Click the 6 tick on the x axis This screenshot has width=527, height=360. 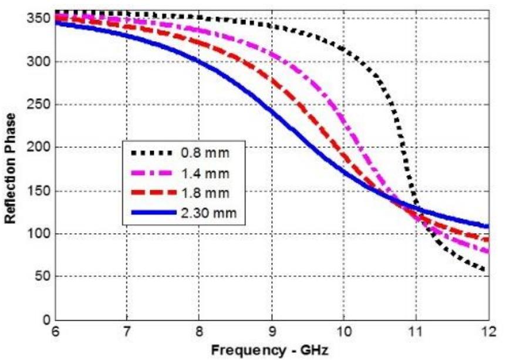[55, 332]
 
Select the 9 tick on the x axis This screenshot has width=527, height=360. [271, 332]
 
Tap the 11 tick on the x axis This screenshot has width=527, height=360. [415, 332]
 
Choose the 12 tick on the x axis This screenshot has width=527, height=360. [488, 332]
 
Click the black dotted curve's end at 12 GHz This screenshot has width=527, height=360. [486, 271]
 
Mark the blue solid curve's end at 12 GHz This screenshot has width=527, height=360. [487, 226]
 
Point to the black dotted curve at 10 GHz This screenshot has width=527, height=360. [343, 49]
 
